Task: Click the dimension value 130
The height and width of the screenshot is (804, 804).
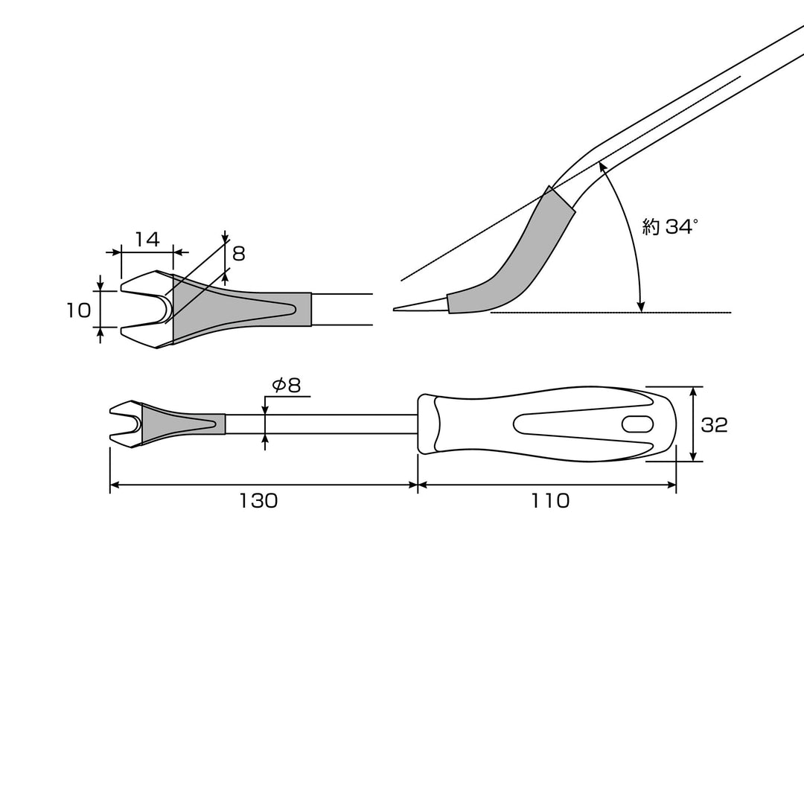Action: (x=258, y=500)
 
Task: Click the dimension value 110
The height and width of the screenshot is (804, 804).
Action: (x=549, y=500)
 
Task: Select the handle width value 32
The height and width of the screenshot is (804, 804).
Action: (x=714, y=424)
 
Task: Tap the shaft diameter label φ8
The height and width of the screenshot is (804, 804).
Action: (x=286, y=385)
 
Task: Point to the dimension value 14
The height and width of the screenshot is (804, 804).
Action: (x=147, y=239)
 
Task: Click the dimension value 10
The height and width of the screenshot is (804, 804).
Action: (x=78, y=310)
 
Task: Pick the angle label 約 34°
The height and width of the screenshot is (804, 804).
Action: (x=670, y=226)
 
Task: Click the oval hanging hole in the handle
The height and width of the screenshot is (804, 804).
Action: (x=637, y=424)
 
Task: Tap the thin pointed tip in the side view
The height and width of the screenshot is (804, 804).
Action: (x=421, y=306)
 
